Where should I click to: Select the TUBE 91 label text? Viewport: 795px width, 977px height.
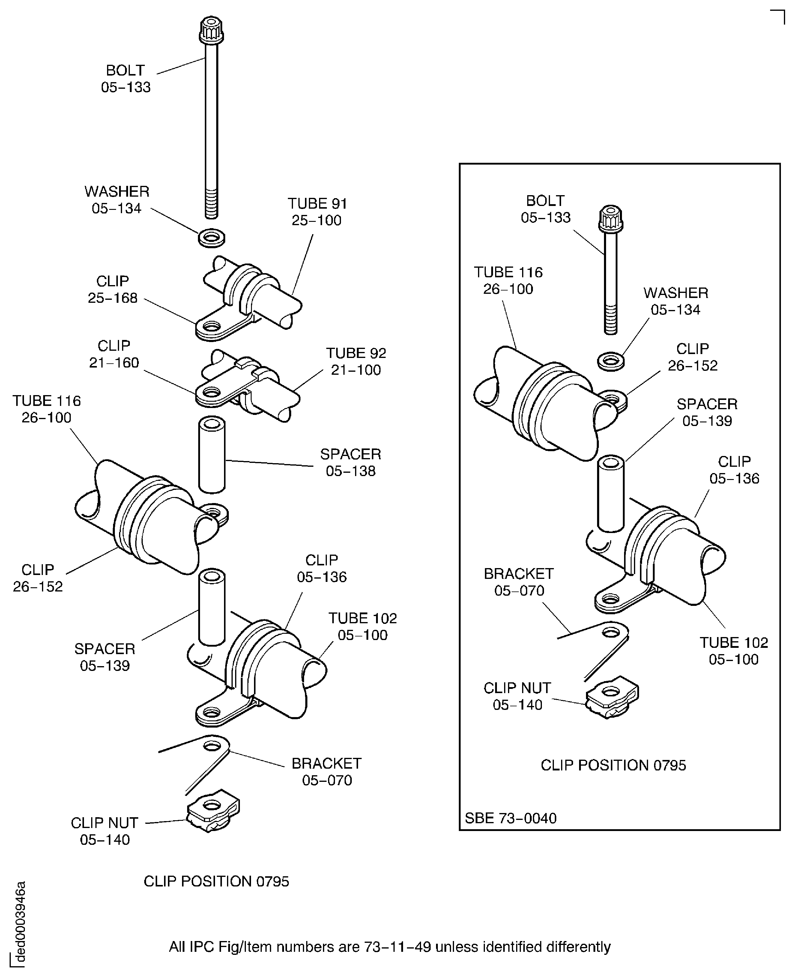pos(317,212)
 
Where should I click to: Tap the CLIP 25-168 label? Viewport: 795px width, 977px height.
pos(113,289)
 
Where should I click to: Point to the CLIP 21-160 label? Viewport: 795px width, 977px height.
pos(114,354)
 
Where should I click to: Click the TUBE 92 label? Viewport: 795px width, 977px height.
pos(356,361)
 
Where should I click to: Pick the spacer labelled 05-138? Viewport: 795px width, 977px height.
pos(212,454)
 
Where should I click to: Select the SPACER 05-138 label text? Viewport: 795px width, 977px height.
pos(350,462)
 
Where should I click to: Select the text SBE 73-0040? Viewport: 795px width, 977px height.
pos(511,818)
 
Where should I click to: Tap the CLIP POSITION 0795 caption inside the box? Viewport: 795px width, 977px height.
pos(613,765)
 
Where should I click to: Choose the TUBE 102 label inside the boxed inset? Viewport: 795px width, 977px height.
pos(734,651)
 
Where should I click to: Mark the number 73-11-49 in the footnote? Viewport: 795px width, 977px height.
pos(398,947)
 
